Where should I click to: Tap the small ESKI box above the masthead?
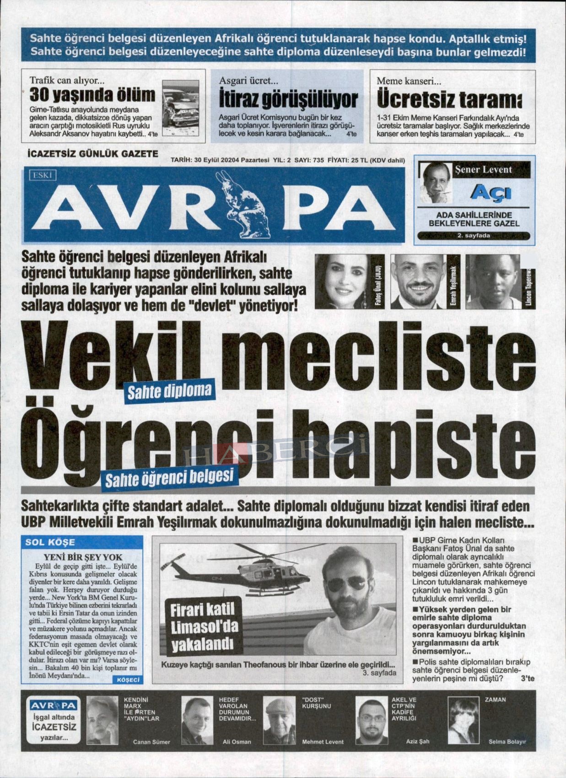tap(43, 175)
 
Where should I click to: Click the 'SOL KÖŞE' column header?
tap(50, 542)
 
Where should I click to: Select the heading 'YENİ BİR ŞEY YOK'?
tap(83, 557)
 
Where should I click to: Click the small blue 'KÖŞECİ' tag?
tap(128, 680)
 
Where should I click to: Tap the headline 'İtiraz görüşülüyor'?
tap(288, 98)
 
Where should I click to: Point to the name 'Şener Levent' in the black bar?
tap(483, 169)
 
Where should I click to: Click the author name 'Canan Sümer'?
tap(151, 742)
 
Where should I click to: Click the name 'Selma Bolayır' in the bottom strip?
tap(507, 741)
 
